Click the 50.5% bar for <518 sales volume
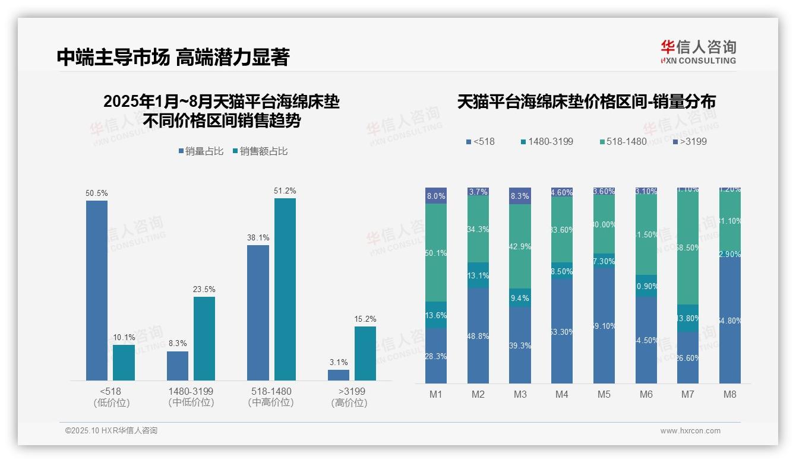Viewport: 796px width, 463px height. (x=97, y=290)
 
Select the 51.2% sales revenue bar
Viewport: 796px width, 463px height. (x=285, y=289)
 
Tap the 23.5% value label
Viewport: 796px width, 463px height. (x=204, y=289)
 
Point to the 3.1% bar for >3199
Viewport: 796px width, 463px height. (x=339, y=375)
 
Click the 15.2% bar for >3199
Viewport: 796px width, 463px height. (x=365, y=353)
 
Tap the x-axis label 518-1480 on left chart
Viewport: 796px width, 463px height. (x=270, y=392)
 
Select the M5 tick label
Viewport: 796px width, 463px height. (x=604, y=394)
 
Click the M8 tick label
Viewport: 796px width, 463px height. (x=730, y=394)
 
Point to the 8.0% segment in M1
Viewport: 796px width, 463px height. (x=436, y=196)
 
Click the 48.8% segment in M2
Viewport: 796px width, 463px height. (x=478, y=335)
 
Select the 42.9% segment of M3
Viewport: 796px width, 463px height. (x=520, y=246)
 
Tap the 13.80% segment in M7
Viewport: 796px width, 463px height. (x=688, y=318)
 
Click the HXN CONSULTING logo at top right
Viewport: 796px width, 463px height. (x=698, y=52)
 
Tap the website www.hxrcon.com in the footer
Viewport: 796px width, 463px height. (x=690, y=431)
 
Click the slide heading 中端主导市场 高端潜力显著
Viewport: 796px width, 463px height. (x=173, y=57)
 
